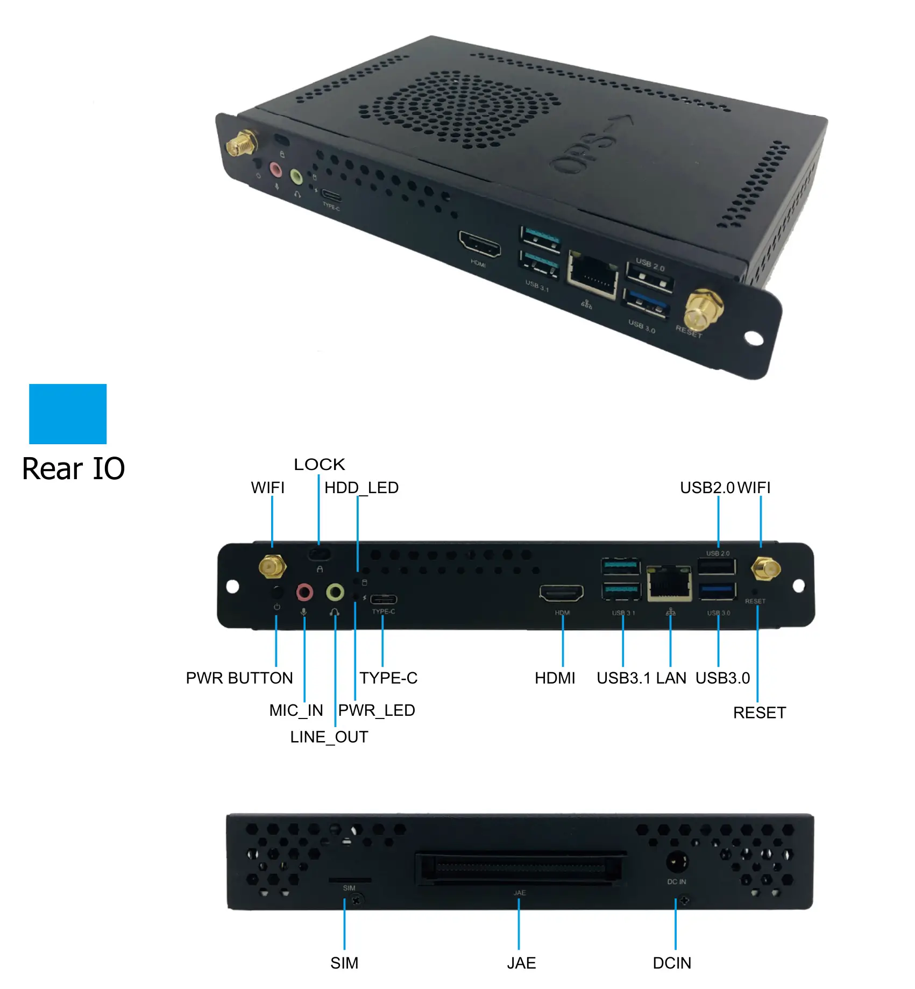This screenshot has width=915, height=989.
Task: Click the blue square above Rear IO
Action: (x=68, y=414)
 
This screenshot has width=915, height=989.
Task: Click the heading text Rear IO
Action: (x=74, y=468)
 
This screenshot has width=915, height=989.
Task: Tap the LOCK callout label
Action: (x=320, y=464)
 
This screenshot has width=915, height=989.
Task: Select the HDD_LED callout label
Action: (x=361, y=487)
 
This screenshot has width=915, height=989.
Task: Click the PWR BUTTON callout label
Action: (x=239, y=678)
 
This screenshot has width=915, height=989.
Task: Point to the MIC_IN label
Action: (x=296, y=710)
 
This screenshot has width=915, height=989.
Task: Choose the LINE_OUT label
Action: (x=329, y=737)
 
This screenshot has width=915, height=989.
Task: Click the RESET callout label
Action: (x=760, y=713)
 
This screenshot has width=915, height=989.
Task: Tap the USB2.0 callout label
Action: (x=707, y=487)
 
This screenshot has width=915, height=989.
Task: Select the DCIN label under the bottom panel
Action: (x=672, y=963)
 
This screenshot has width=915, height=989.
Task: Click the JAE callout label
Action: (x=521, y=963)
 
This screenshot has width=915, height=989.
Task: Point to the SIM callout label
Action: (x=344, y=963)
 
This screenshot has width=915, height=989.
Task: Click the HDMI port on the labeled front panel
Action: (x=562, y=593)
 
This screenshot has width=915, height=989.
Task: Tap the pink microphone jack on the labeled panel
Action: (x=304, y=593)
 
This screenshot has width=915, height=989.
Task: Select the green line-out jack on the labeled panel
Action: (x=335, y=593)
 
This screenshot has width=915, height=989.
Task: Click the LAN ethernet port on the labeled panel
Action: (x=669, y=584)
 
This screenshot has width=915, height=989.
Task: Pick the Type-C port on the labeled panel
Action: (x=384, y=599)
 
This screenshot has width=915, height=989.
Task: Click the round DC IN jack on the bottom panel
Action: (x=677, y=862)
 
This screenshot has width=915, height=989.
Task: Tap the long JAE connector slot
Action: (x=521, y=867)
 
